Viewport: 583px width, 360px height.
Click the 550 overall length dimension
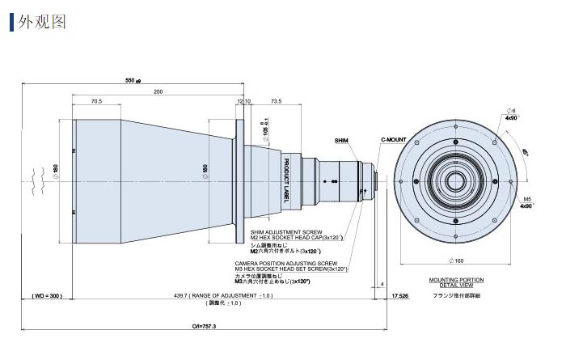coord(132,81)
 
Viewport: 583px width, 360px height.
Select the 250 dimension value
coord(158,92)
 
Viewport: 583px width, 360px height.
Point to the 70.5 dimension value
coord(96,102)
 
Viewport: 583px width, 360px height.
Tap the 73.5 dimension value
coord(276,102)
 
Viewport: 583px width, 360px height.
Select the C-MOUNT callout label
coord(394,140)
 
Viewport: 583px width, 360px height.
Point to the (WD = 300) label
coord(46,296)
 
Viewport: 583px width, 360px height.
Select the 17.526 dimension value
coord(399,296)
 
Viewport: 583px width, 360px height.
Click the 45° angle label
coord(525,151)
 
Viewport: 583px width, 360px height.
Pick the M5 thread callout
coord(527,198)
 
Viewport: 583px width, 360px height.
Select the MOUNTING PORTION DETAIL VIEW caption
coord(456,282)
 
